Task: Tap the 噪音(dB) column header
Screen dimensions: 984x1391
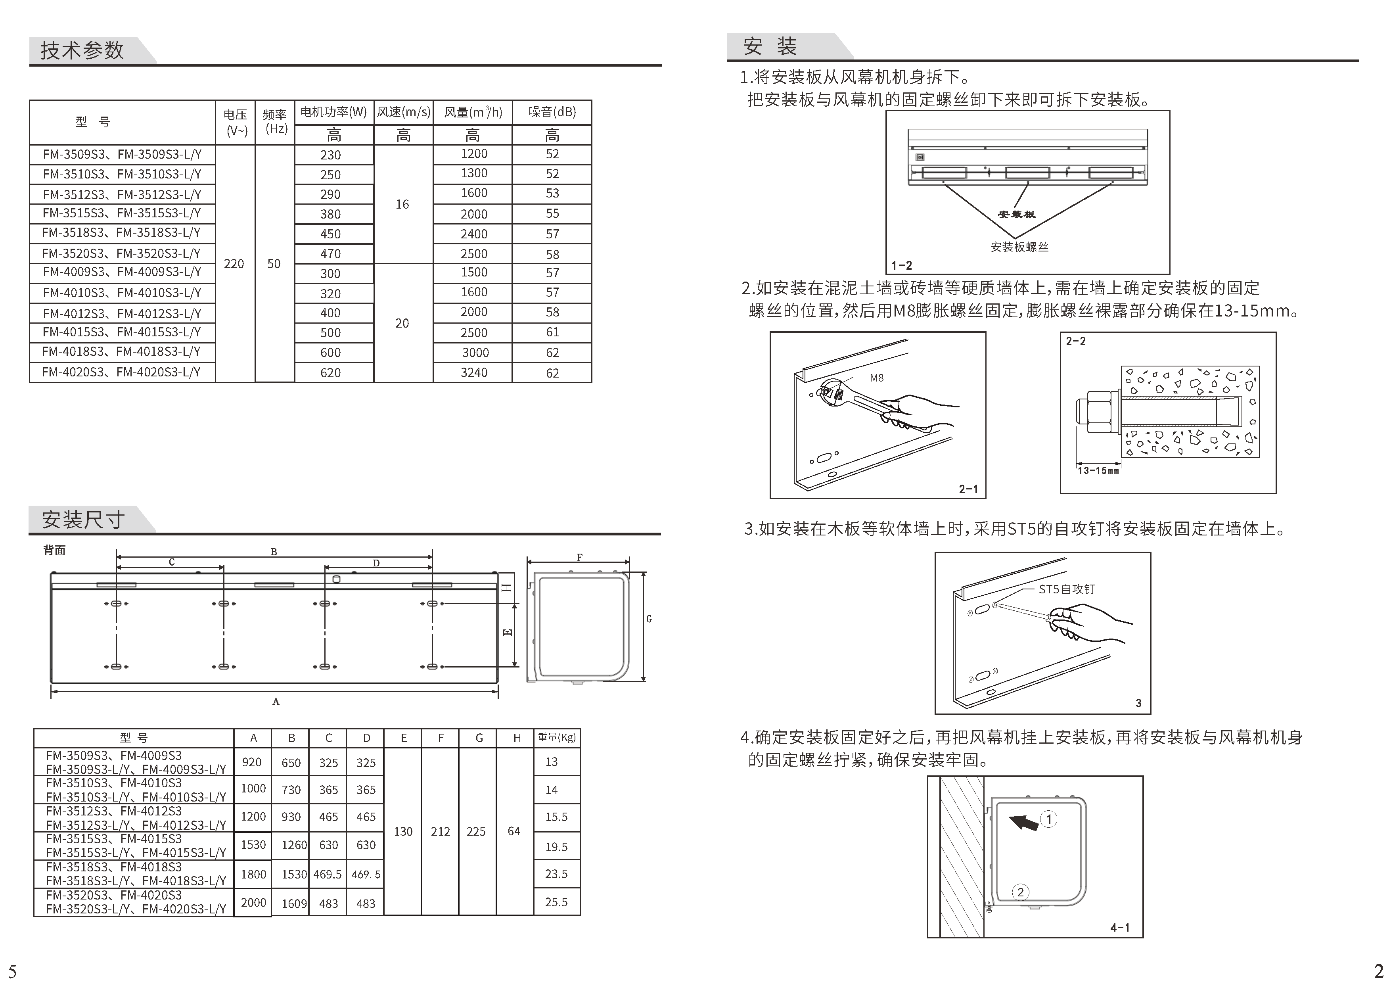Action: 552,112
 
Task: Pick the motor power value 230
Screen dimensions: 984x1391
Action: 331,155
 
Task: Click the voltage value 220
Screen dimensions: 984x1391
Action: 234,264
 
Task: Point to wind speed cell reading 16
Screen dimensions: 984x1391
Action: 402,204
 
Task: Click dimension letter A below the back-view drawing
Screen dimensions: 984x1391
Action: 276,702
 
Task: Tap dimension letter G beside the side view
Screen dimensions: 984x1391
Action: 649,619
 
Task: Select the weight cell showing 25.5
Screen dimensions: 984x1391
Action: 556,902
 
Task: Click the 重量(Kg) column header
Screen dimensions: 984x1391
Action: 557,737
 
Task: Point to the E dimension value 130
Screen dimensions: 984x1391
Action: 403,831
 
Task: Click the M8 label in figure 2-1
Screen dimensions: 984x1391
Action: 877,378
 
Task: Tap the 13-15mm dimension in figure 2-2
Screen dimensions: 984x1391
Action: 1098,470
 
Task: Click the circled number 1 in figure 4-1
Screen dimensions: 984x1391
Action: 1049,819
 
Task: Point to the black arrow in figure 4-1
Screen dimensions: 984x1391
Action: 1023,823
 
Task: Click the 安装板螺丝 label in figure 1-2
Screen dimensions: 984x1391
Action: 1019,247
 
